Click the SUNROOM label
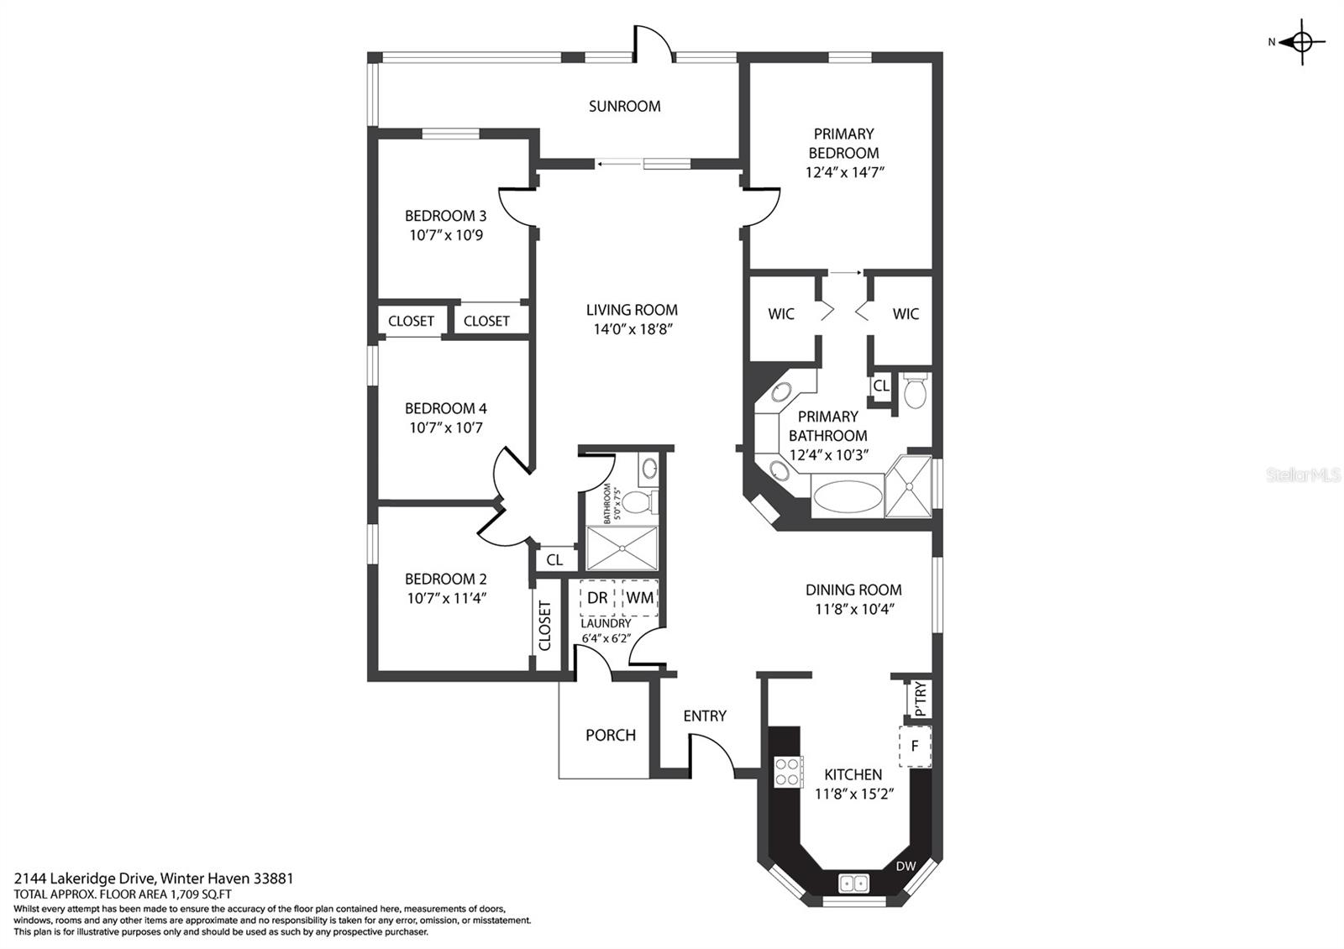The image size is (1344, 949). coord(624,106)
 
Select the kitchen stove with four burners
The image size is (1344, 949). coord(787,772)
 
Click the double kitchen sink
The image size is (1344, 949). coord(853,883)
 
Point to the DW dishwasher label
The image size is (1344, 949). coord(906,866)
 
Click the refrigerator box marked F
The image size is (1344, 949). coord(915,747)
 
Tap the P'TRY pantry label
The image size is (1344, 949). coord(921,699)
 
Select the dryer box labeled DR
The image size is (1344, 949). coord(597,597)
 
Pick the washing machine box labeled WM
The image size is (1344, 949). coord(639,597)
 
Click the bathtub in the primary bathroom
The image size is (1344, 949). coord(847,496)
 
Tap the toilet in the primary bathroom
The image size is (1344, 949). coord(915,391)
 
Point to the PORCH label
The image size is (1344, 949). coord(610,735)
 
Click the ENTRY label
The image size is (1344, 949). coord(705,716)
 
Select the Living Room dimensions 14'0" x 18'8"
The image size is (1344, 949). coord(632,329)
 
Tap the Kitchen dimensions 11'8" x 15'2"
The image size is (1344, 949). coord(853,794)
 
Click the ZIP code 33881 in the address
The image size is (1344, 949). coord(274,878)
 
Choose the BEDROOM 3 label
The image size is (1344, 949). coord(445,216)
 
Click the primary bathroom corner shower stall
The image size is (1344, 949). coord(908,486)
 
